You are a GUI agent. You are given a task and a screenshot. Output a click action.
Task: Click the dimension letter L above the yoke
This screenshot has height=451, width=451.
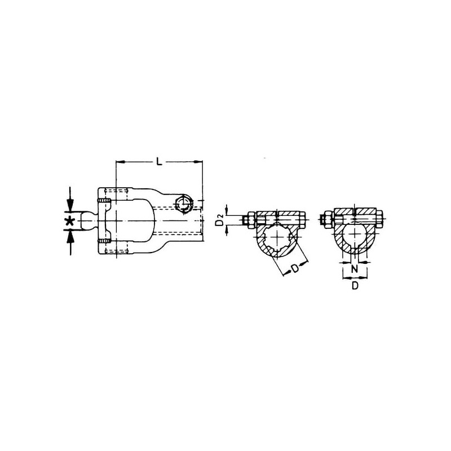(x=159, y=161)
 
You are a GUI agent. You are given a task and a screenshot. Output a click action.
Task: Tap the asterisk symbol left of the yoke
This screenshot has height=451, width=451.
(x=70, y=221)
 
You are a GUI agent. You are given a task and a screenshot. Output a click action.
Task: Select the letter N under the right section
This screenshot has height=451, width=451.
(x=355, y=269)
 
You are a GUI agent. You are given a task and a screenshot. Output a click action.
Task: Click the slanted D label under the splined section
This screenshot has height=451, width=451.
(x=295, y=269)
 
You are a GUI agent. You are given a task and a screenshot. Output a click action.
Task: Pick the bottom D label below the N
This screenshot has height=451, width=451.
(x=355, y=285)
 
